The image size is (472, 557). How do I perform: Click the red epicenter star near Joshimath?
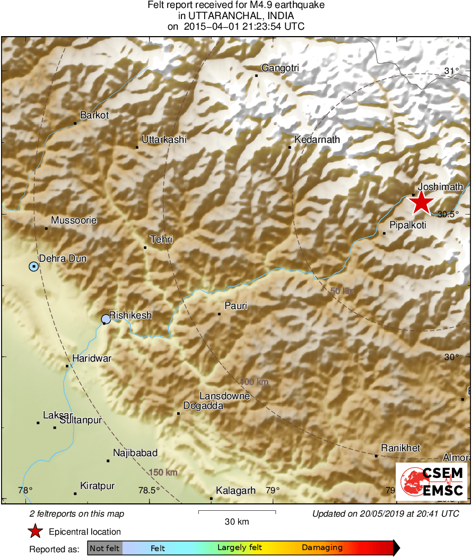[x=421, y=203]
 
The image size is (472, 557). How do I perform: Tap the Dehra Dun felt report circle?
[x=34, y=266]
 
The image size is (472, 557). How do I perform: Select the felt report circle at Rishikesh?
[x=106, y=319]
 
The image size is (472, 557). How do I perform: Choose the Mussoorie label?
[x=74, y=220]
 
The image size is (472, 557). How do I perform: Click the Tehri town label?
[x=162, y=240]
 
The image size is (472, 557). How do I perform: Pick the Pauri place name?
[x=236, y=306]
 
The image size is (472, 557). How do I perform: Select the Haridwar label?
[x=92, y=358]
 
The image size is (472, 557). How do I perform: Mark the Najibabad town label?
[x=135, y=453]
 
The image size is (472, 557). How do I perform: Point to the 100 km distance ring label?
[x=254, y=382]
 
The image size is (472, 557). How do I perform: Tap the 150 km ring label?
[x=163, y=473]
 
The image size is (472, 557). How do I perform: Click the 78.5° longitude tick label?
[x=148, y=490]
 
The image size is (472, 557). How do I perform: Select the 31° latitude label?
[x=451, y=71]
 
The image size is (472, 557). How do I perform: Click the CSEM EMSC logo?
[x=432, y=481]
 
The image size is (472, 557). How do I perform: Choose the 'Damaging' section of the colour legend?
[x=322, y=547]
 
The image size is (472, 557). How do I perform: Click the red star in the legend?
[x=35, y=531]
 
